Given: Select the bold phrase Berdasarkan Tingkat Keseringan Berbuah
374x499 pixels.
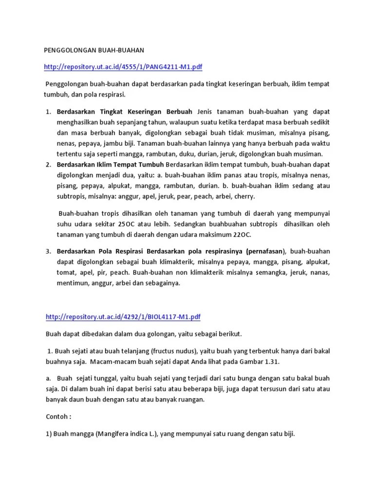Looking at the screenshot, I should coord(125,112).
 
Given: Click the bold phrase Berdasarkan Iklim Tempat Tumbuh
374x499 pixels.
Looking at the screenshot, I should coord(110,164).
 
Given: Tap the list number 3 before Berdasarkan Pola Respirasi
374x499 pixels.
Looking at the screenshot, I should coord(48,251).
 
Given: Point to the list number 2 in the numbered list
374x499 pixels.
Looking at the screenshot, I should coord(48,164).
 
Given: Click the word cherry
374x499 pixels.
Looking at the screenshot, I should coord(243,196).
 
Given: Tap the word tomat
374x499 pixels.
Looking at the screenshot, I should coord(66,272).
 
